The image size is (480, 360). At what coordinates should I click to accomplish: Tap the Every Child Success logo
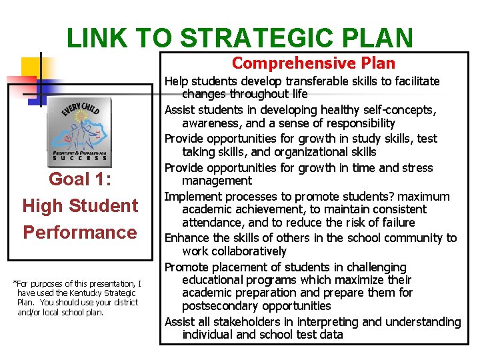click(x=79, y=133)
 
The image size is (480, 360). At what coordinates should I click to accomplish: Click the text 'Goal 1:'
click(x=80, y=179)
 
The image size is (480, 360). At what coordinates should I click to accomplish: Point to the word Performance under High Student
click(x=80, y=232)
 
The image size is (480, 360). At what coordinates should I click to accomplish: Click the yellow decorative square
click(x=37, y=69)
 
